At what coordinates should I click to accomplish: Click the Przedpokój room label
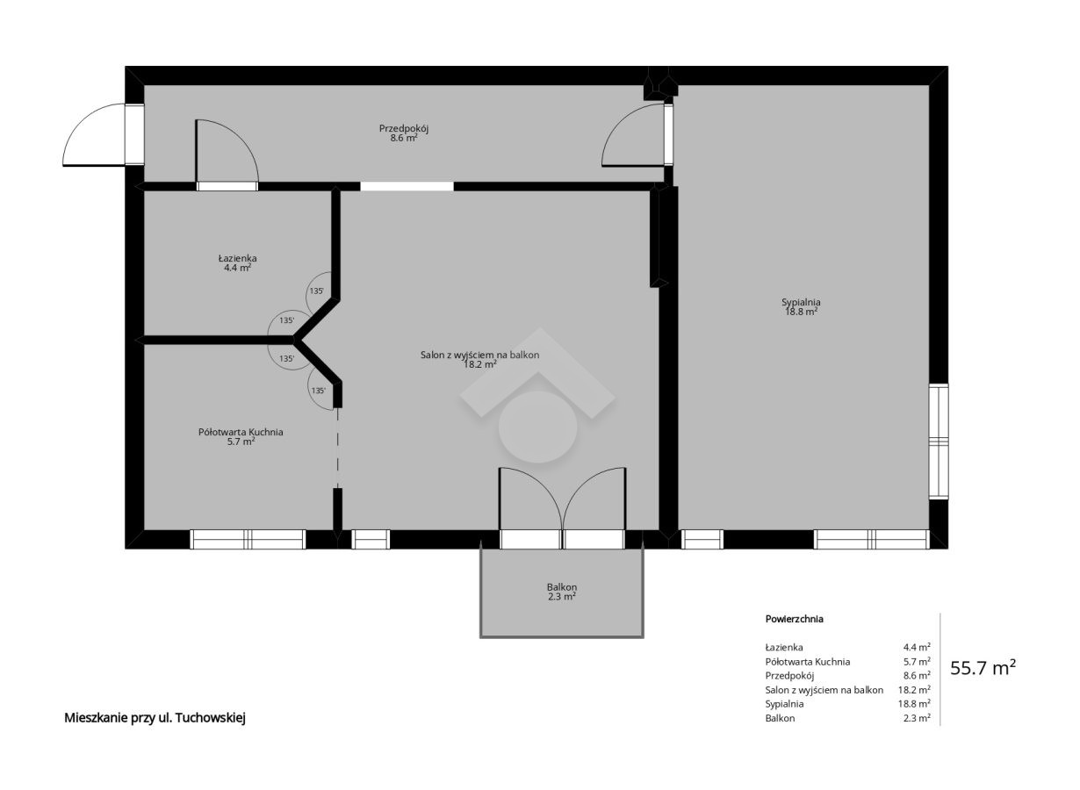(x=404, y=129)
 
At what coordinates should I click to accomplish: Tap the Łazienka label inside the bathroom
(x=237, y=258)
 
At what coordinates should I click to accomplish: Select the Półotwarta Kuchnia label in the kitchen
(x=241, y=432)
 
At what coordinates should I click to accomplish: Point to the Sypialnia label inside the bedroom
(x=801, y=302)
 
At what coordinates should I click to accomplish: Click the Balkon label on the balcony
(x=562, y=587)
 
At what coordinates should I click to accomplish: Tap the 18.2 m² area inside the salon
(x=479, y=364)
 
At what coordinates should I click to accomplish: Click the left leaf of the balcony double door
(x=530, y=499)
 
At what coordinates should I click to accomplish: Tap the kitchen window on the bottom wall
(x=248, y=539)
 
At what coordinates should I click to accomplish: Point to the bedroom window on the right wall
(x=939, y=442)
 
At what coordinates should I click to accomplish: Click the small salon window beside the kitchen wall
(x=371, y=539)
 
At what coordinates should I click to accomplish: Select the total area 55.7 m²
(x=983, y=668)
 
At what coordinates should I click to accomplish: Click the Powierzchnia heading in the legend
(x=794, y=619)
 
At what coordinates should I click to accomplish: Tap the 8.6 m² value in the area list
(x=917, y=675)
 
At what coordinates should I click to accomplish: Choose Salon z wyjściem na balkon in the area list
(x=824, y=690)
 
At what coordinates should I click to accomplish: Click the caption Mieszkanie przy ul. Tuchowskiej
(x=155, y=718)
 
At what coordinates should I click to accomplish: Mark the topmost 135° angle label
(x=317, y=291)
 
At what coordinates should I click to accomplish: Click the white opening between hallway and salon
(x=407, y=186)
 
